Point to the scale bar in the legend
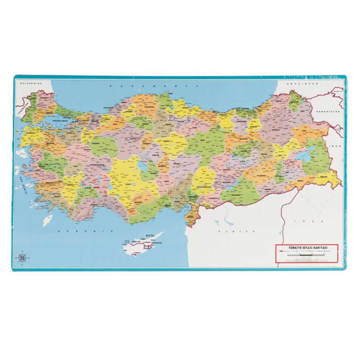pyautogui.click(x=306, y=255)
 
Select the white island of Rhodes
pyautogui.click(x=48, y=219)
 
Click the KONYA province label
pyautogui.click(x=129, y=184)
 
